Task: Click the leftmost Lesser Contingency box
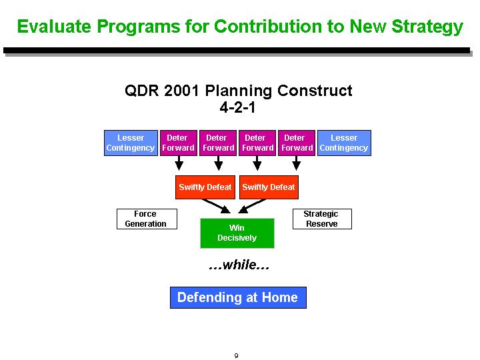[x=131, y=143]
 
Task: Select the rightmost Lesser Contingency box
[x=344, y=143]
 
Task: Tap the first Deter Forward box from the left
[x=179, y=143]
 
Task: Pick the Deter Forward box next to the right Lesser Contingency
[x=297, y=143]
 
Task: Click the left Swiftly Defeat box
[x=205, y=187]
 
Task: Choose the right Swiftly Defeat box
[x=269, y=187]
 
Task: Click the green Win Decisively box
[x=237, y=233]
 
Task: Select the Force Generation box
[x=147, y=219]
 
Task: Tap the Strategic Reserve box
[x=323, y=219]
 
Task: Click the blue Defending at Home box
[x=238, y=297]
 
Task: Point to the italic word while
[x=239, y=265]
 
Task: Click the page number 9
[x=236, y=355]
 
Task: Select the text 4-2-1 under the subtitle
[x=237, y=107]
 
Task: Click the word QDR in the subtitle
[x=142, y=91]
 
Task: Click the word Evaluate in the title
[x=54, y=26]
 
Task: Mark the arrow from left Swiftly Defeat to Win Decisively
[x=216, y=206]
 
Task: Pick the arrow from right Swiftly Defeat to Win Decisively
[x=252, y=206]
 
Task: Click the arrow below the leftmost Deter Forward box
[x=179, y=163]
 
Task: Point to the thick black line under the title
[x=237, y=51]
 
